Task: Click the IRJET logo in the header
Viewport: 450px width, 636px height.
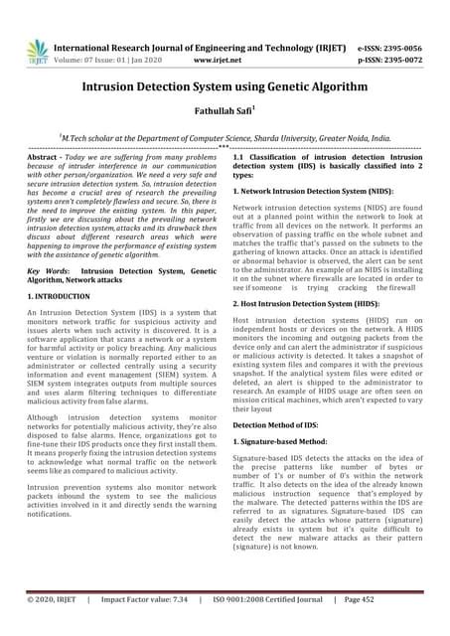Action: (36, 50)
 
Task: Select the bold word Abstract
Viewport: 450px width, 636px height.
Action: (43, 158)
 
